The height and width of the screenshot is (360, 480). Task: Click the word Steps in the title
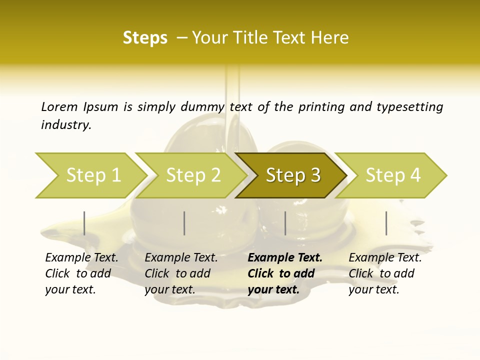145,38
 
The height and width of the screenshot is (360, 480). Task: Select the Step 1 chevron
93,175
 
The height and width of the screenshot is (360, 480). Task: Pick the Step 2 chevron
193,175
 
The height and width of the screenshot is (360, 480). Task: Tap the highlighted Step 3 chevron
293,175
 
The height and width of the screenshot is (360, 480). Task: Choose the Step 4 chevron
393,175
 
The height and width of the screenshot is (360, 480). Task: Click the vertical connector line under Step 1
84,223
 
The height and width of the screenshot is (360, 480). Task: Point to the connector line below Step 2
184,223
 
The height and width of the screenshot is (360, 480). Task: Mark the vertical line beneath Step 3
285,223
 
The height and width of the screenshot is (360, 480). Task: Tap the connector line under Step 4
386,223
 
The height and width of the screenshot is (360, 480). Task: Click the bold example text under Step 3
285,273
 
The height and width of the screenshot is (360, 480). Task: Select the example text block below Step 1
81,273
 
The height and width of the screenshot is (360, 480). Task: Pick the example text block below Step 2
181,273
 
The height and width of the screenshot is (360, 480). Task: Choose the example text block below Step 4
385,273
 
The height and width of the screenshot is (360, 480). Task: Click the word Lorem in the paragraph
59,106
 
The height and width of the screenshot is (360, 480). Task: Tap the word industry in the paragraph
66,125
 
